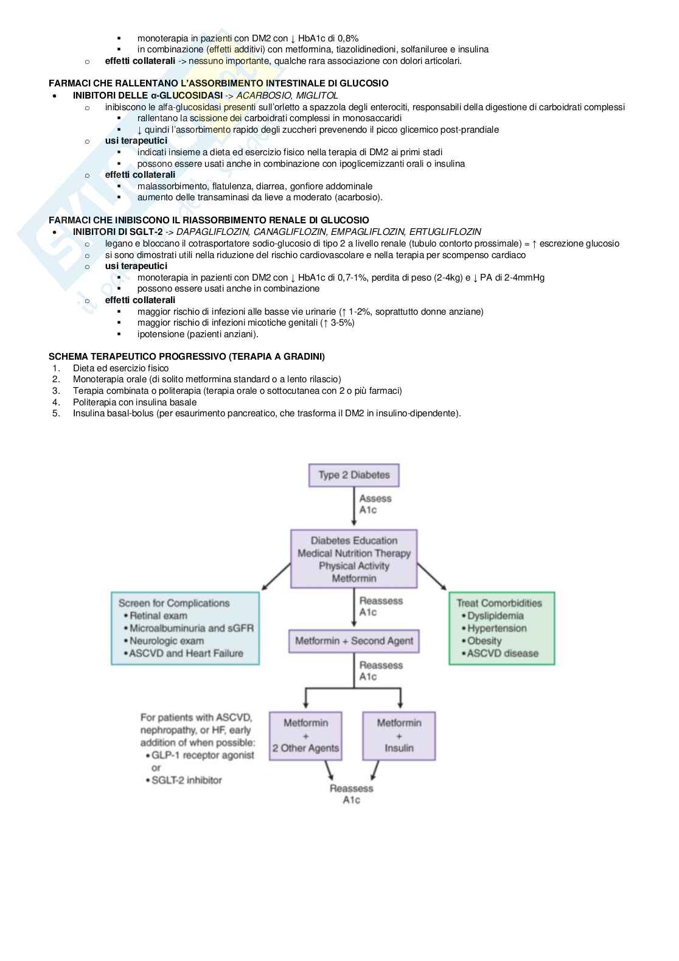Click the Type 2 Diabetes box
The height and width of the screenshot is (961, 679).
coord(354,475)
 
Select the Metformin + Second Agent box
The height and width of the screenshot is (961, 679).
coord(354,640)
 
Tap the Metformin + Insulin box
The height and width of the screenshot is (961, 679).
coord(399,735)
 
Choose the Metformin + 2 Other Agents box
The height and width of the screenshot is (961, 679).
coord(305,735)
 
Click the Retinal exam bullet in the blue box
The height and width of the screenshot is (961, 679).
coord(158,615)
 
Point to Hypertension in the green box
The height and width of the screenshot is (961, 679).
coord(496,628)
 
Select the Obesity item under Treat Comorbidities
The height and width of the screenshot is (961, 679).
coord(484,641)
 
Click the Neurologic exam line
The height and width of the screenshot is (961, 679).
coord(167,641)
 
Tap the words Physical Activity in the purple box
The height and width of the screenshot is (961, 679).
coord(353,565)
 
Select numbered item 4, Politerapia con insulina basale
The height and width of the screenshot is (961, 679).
coord(134,402)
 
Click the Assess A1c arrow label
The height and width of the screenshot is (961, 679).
coord(375,504)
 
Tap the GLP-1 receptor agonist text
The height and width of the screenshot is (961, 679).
coord(203,755)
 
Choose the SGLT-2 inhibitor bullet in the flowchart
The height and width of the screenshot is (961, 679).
coord(187,780)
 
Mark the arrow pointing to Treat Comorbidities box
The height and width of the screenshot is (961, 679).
coord(433,576)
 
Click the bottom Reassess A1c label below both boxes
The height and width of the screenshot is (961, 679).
coord(351,794)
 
